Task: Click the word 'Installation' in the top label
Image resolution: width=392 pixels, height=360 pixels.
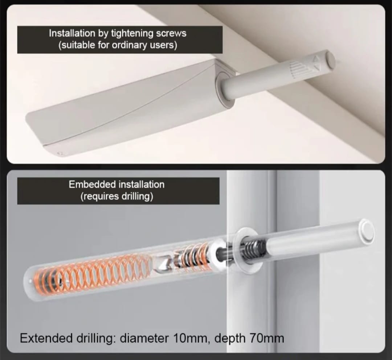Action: coord(72,33)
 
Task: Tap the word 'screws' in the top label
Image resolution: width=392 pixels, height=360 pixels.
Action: coord(171,33)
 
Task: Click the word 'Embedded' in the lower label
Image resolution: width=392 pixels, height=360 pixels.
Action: coord(92,185)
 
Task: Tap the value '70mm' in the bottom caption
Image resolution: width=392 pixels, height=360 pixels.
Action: coord(267,339)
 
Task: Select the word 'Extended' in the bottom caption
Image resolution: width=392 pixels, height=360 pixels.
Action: coord(42,339)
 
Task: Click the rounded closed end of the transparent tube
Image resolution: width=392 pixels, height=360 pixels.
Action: coord(29,282)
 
